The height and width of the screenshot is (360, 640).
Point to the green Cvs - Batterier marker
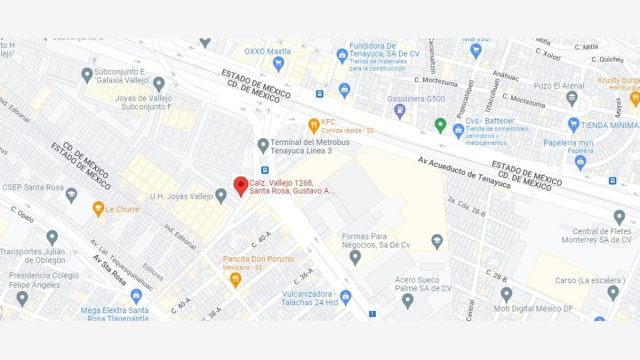[440, 125]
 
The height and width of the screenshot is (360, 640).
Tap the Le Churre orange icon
[99, 210]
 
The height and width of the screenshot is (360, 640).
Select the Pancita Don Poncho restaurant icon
[235, 279]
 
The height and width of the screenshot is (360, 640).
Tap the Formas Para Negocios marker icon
[354, 257]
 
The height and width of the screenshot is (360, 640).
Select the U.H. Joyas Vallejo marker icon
[221, 196]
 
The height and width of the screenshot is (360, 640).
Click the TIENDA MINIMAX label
[610, 125]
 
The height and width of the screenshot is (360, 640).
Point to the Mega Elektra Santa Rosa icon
[136, 296]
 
